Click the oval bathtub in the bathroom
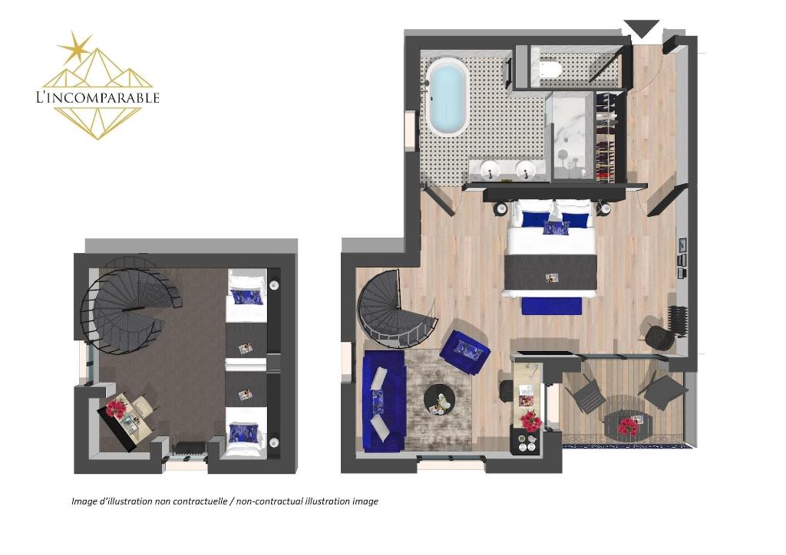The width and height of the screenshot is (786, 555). [x=448, y=97]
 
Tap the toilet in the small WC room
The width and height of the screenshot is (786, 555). [x=548, y=67]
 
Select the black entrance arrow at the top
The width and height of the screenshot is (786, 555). [x=642, y=28]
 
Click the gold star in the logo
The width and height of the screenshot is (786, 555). [x=75, y=48]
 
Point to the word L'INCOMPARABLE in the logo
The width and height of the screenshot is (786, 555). [x=97, y=97]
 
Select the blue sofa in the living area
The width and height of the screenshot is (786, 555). [x=384, y=400]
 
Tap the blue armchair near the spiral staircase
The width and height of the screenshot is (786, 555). [x=464, y=351]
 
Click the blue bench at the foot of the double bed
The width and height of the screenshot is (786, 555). [x=551, y=306]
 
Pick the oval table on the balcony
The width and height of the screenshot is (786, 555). [x=627, y=425]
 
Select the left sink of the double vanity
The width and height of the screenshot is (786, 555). [x=489, y=170]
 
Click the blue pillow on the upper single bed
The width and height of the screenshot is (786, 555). [x=246, y=296]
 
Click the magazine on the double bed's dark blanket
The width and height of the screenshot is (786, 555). [x=552, y=277]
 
